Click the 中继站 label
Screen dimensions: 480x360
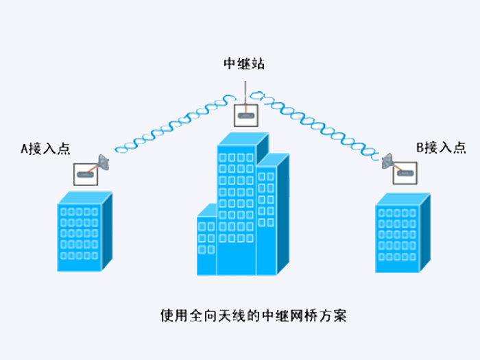coord(244,63)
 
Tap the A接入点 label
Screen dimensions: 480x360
coord(45,149)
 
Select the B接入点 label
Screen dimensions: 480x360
coord(441,148)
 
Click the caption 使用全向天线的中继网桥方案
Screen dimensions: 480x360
coord(254,315)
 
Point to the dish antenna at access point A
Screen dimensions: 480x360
coord(104,163)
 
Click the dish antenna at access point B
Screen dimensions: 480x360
coord(387,160)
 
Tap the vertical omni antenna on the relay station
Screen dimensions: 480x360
coord(245,93)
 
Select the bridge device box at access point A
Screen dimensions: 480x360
coord(86,174)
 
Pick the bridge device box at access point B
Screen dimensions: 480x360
coord(405,173)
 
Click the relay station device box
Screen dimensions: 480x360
coord(245,115)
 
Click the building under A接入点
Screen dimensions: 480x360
coord(85,232)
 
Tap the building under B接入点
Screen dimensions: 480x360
coord(403,232)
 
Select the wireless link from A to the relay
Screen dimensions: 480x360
coord(175,124)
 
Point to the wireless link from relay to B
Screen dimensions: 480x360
coord(315,125)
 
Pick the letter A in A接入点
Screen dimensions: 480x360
coord(24,149)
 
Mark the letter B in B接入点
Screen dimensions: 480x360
coord(420,148)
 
